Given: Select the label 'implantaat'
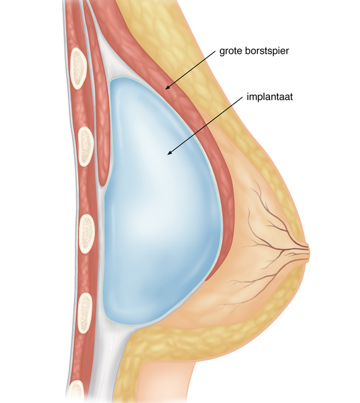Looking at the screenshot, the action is click(x=269, y=97).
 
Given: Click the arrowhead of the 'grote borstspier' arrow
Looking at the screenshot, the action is click(x=168, y=87).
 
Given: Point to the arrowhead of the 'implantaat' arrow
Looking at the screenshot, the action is click(x=169, y=153).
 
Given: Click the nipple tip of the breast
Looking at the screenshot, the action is click(x=309, y=253).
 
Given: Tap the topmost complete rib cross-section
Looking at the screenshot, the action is click(x=78, y=68).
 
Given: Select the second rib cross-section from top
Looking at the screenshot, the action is click(x=86, y=146).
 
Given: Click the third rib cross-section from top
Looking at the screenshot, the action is click(x=86, y=234).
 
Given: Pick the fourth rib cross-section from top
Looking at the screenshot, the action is click(x=84, y=313).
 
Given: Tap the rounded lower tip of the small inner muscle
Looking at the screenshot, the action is click(x=102, y=183).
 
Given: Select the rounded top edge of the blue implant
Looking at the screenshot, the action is click(x=124, y=77).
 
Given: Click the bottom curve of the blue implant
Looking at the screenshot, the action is click(x=134, y=323).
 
